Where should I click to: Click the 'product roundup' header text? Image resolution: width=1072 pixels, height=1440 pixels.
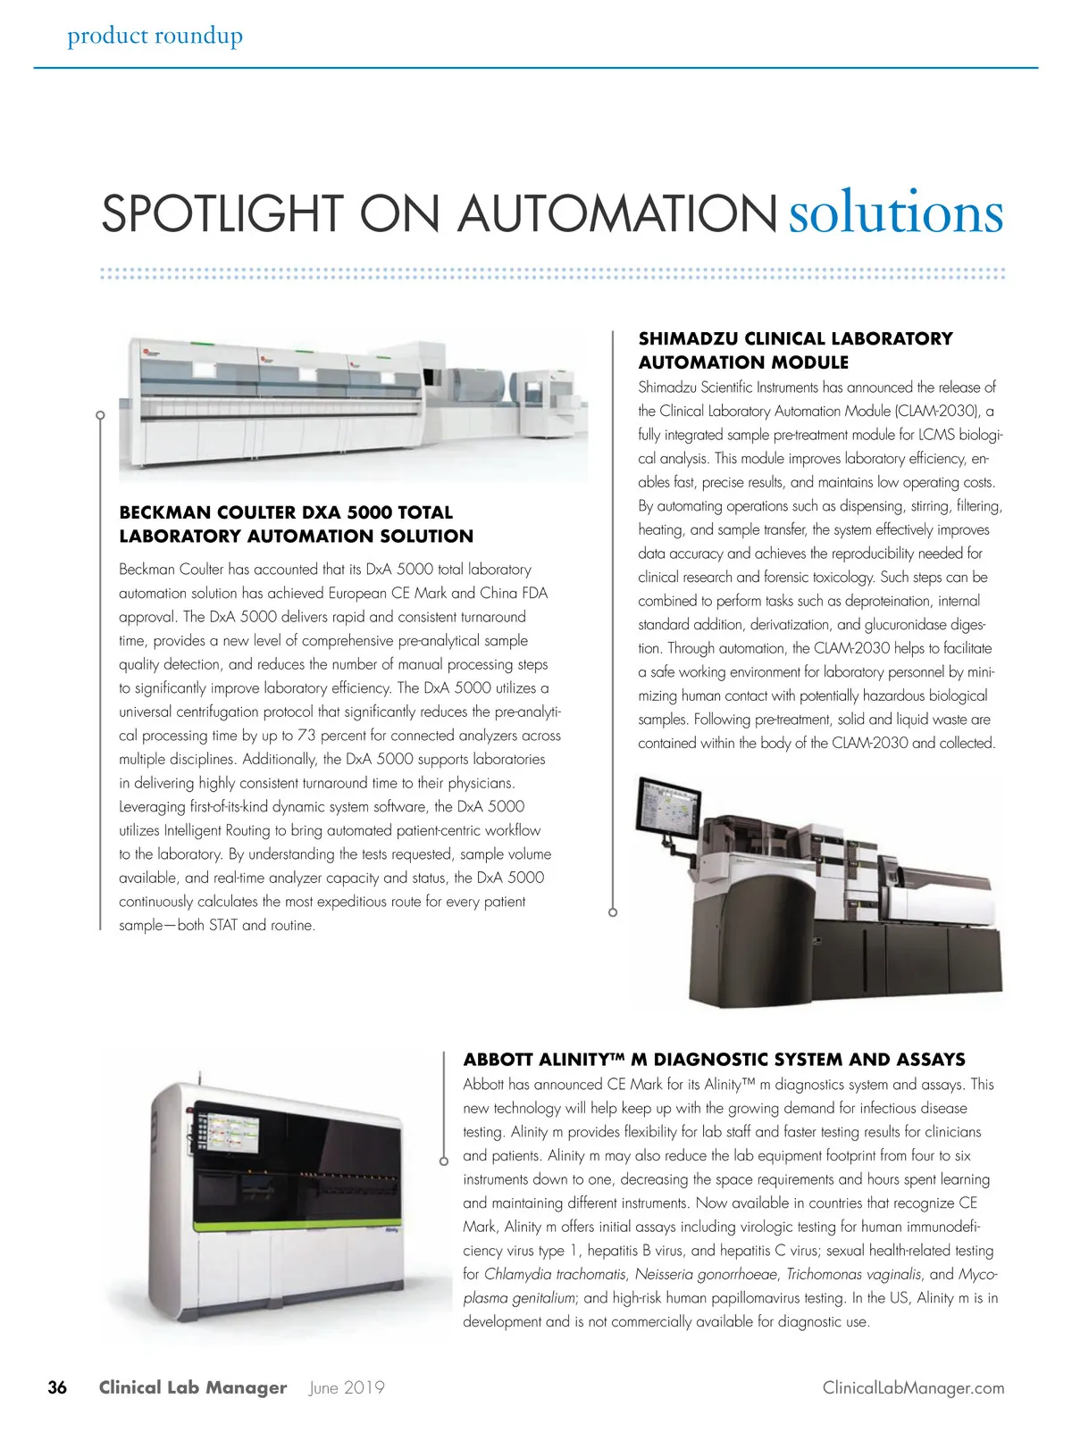(155, 36)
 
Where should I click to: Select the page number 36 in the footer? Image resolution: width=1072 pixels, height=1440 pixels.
(57, 1387)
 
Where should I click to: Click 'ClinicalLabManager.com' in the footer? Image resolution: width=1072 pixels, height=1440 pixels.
(913, 1387)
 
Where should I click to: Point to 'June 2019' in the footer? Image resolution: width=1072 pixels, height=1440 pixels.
(347, 1387)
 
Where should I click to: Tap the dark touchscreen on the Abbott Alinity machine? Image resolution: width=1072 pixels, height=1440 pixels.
(229, 1131)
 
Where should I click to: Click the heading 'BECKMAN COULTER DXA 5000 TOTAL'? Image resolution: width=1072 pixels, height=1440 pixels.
(286, 512)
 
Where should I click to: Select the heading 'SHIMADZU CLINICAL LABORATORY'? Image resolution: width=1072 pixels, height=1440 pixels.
(795, 338)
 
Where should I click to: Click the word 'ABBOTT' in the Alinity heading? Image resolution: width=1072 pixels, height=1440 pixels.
(498, 1060)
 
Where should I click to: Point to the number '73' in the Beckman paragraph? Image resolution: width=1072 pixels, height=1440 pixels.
(306, 736)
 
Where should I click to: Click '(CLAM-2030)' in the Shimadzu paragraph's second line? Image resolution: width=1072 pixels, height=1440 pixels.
(934, 411)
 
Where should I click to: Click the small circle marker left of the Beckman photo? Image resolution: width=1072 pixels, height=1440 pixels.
(101, 415)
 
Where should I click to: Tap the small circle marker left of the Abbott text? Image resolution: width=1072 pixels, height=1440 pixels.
(444, 1161)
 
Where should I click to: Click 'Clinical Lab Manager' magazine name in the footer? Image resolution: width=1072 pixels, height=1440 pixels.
(193, 1387)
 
